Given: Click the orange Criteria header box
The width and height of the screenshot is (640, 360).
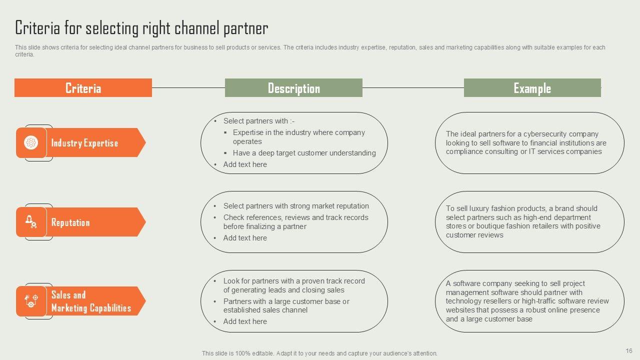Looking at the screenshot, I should pos(83,88).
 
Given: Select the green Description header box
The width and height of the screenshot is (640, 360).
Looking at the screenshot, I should pos(293,88).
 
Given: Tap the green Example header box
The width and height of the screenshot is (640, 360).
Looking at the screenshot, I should pos(532,88).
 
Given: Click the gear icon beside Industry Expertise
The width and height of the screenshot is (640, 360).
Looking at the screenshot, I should pos(31,142).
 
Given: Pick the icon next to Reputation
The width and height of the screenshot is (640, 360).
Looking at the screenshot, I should pos(31,221).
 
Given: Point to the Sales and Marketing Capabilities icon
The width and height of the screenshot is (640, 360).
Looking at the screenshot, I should pos(31,301).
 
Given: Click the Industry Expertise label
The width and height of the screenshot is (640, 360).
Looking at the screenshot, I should pos(84,143).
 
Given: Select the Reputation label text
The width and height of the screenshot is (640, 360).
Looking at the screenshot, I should pos(70,222).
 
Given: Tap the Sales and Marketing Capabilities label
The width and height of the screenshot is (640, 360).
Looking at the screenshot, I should pos(90,301).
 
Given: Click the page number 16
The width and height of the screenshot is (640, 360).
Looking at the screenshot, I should pos(629,351).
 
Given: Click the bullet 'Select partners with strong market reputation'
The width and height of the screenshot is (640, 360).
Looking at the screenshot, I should pos(296,206).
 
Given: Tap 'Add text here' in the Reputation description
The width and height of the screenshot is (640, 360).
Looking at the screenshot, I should pos(245,238).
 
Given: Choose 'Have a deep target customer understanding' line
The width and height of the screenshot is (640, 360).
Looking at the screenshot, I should pos(304,153).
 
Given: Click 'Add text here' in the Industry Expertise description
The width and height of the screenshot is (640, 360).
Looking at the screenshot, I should pos(245,164).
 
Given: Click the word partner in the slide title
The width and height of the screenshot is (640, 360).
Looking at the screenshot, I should pos(245,28).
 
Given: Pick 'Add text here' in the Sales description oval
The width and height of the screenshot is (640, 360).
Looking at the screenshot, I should pos(245,321).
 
